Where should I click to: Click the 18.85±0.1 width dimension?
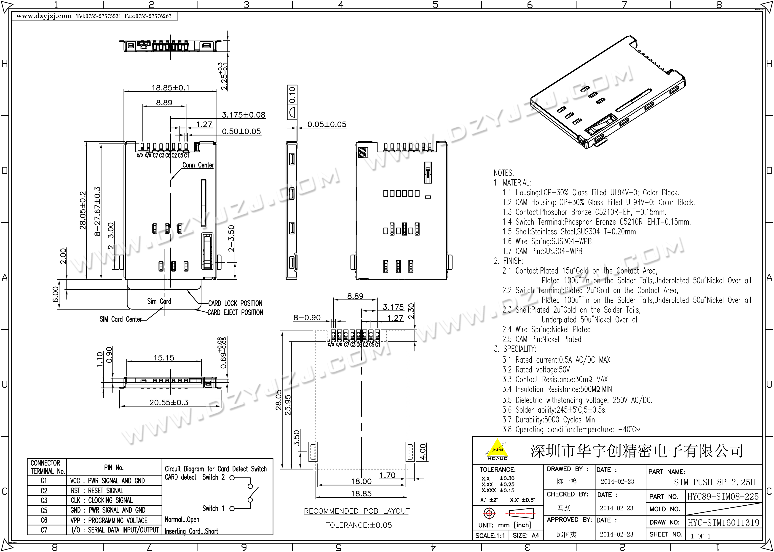click(170, 88)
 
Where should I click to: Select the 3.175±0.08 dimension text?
click(244, 115)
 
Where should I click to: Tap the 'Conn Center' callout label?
click(198, 165)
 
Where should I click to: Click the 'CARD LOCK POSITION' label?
click(235, 303)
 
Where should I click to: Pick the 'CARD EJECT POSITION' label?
click(235, 312)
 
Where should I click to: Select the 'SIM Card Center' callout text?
click(121, 319)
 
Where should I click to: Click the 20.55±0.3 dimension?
click(169, 402)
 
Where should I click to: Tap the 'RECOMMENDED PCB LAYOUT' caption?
click(357, 511)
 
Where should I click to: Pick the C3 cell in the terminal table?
click(44, 500)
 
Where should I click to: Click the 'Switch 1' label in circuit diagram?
click(213, 509)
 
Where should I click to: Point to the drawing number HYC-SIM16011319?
click(723, 523)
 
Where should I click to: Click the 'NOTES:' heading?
click(504, 173)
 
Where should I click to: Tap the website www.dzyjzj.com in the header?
click(44, 16)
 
